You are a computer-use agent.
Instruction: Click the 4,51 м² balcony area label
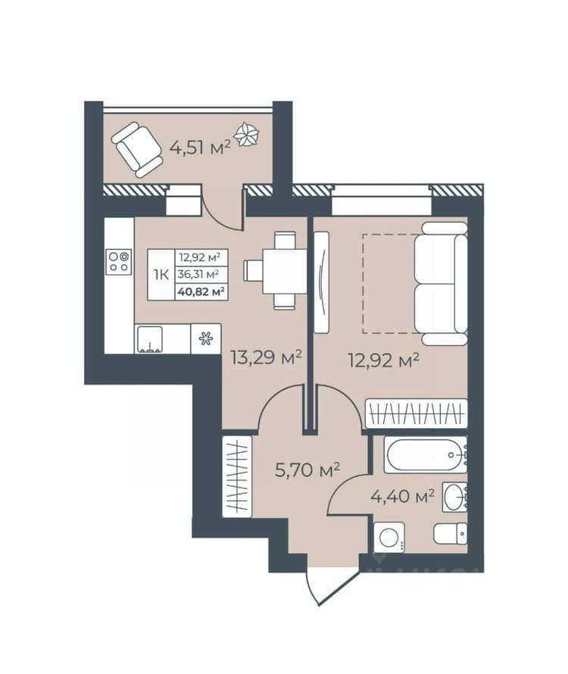click(x=201, y=148)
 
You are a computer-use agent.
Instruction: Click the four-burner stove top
click(x=119, y=262)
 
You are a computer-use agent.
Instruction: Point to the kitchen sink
click(x=149, y=339)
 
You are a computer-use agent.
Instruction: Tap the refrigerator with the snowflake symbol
click(x=206, y=339)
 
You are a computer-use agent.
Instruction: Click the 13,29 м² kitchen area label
click(x=266, y=357)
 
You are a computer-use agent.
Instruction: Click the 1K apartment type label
click(x=161, y=274)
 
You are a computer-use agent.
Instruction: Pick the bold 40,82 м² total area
click(x=201, y=292)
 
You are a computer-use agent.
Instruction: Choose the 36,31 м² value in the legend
click(x=199, y=274)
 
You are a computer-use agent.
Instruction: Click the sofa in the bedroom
click(x=441, y=284)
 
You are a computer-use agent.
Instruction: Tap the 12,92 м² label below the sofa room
click(x=383, y=360)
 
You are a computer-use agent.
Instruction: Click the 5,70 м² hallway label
click(x=307, y=470)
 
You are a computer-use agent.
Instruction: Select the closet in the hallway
click(x=237, y=476)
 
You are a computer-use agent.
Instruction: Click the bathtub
click(x=425, y=455)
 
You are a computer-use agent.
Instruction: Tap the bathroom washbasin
click(x=454, y=497)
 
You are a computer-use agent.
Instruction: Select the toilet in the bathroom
click(x=450, y=533)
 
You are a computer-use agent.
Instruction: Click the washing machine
click(x=389, y=538)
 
